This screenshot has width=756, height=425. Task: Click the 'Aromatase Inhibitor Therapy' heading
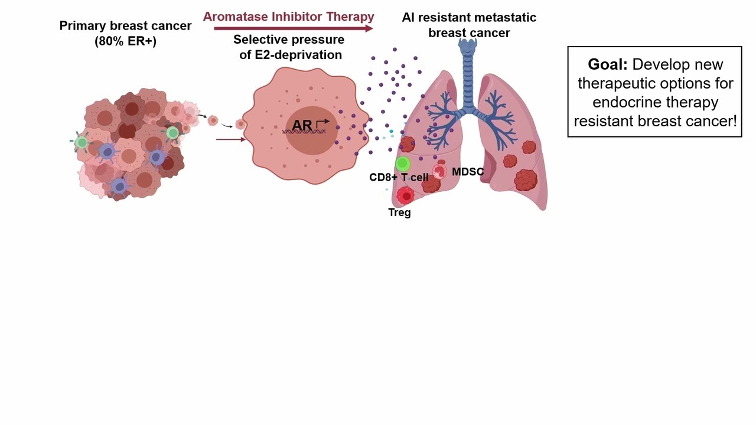coord(289,17)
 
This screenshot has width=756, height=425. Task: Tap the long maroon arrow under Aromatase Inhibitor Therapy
coord(294,28)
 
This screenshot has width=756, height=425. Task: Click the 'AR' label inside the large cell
coord(302,125)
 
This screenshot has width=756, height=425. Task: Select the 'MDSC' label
coord(468,172)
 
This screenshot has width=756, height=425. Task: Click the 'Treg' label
coord(400,212)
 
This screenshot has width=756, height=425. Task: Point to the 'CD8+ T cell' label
coord(399,177)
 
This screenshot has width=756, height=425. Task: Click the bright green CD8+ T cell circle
coord(403,164)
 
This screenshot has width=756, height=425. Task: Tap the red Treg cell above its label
coord(405,195)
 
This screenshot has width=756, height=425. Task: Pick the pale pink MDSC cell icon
coord(439,171)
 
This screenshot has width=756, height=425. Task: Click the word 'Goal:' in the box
coord(608,64)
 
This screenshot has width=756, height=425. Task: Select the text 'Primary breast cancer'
coord(126,25)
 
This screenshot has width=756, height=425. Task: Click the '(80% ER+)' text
coord(126,41)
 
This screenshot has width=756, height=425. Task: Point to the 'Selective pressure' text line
coord(289,40)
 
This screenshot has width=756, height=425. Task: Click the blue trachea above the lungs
coord(468,76)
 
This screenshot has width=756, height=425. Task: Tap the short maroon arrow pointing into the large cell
coord(231,139)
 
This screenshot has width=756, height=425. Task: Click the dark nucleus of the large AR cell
coord(311,131)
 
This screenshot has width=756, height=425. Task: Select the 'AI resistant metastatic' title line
coord(469,18)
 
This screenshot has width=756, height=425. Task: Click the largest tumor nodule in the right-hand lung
coord(526,180)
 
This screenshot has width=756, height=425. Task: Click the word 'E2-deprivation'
coord(298,55)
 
